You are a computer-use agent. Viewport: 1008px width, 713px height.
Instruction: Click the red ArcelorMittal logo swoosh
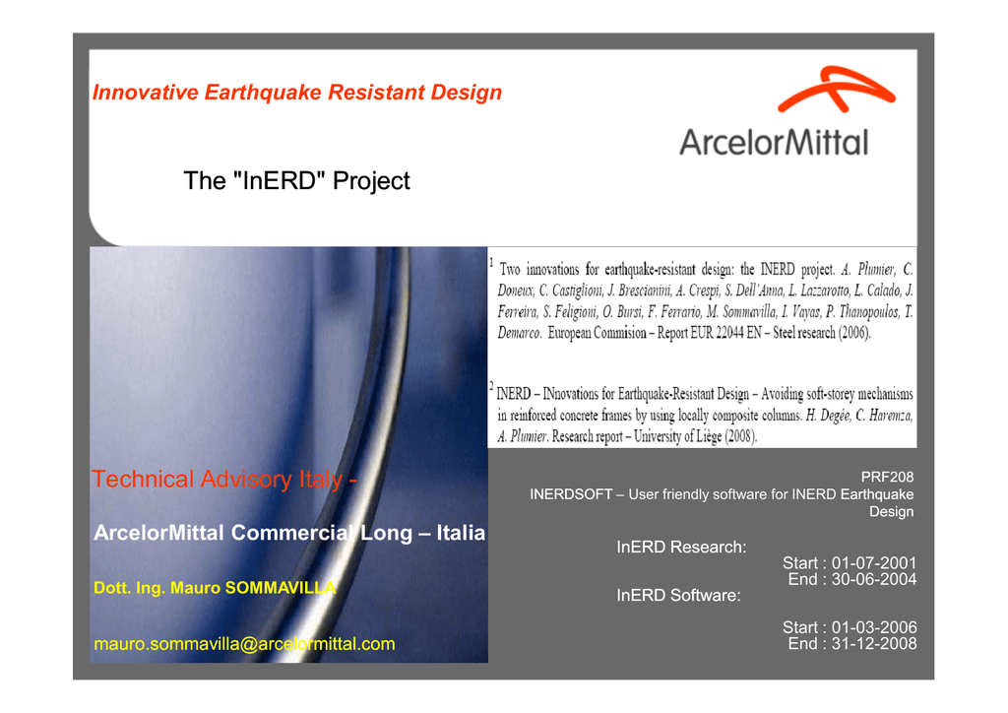(x=836, y=90)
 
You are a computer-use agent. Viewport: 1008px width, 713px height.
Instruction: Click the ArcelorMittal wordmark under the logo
(x=774, y=142)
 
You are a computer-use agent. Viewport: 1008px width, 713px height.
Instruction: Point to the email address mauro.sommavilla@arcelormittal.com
(x=244, y=643)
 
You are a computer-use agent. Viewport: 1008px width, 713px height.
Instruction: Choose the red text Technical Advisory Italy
(x=218, y=480)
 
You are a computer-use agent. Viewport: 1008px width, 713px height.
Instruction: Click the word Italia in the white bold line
(x=461, y=533)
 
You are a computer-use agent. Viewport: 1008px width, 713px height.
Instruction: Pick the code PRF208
(x=887, y=477)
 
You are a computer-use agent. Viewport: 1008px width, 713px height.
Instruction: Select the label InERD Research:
(x=681, y=548)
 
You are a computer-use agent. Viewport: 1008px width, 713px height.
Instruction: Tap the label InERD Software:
(x=678, y=596)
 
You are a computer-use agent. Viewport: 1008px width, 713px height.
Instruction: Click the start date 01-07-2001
(x=874, y=563)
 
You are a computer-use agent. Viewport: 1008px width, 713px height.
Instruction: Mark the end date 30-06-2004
(x=874, y=579)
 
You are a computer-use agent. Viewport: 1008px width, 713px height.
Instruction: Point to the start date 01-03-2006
(x=874, y=627)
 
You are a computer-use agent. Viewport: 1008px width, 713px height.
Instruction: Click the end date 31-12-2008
(x=874, y=643)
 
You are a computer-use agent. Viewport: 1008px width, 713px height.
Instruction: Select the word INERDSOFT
(x=571, y=494)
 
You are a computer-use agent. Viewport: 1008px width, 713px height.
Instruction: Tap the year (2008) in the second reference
(x=741, y=436)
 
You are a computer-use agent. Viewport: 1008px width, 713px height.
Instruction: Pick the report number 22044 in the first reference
(x=729, y=333)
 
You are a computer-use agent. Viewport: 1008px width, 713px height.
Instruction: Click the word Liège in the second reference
(x=707, y=436)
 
